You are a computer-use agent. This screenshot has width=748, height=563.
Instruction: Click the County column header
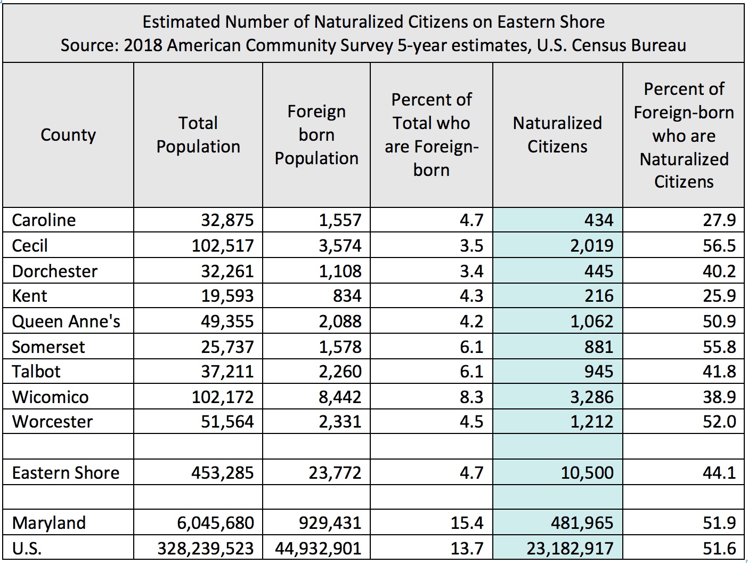(x=68, y=135)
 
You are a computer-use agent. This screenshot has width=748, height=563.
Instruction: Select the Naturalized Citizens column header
(x=557, y=135)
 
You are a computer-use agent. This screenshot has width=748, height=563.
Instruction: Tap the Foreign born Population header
(x=316, y=135)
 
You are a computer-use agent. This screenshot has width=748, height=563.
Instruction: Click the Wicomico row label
(x=51, y=397)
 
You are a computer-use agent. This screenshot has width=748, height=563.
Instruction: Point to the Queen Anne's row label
(x=66, y=321)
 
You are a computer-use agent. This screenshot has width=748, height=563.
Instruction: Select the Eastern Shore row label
(x=66, y=473)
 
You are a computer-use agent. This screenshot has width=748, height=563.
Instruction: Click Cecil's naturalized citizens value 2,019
(x=591, y=246)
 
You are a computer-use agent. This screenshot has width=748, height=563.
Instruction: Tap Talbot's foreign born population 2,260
(x=340, y=372)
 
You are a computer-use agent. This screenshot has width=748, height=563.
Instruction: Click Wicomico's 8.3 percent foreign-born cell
(x=471, y=397)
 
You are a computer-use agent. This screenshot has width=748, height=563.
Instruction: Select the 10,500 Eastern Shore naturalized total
(x=587, y=473)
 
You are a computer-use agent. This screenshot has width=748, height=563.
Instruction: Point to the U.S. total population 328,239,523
(x=206, y=549)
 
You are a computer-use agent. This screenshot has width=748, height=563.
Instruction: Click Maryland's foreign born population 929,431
(x=330, y=523)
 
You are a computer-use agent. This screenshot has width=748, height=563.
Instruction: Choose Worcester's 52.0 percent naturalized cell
(x=719, y=422)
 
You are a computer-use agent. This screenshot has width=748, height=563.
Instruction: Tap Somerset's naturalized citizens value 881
(x=599, y=347)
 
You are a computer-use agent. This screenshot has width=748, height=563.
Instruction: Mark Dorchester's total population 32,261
(x=227, y=271)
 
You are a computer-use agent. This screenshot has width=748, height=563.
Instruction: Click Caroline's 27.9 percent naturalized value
(x=719, y=220)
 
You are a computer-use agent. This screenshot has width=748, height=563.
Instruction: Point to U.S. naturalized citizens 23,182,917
(x=570, y=549)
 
